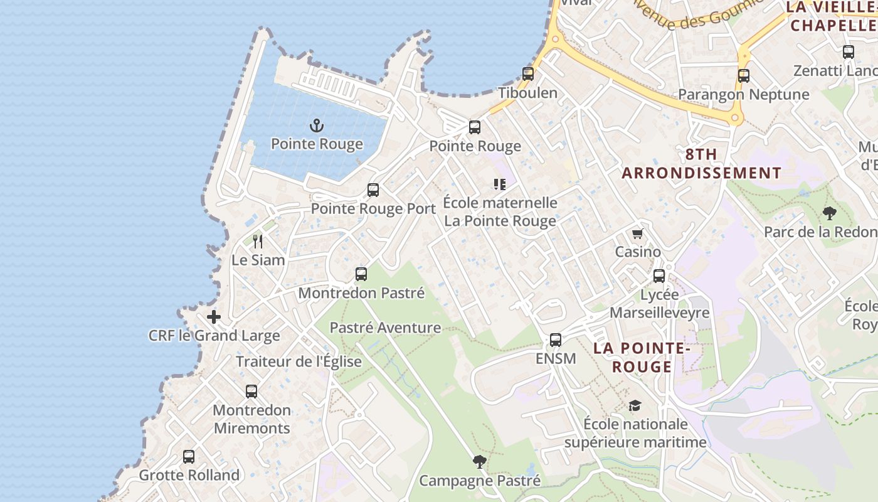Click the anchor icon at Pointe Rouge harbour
(317, 125)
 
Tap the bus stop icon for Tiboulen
(528, 74)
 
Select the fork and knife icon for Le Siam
(257, 241)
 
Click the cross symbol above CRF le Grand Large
(214, 317)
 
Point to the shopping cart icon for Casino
(638, 234)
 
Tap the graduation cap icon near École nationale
(635, 406)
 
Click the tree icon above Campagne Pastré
(480, 462)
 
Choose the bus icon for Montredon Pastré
(361, 274)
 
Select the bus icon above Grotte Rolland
(189, 457)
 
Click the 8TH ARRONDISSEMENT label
(701, 164)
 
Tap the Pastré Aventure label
(385, 328)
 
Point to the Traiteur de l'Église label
(299, 361)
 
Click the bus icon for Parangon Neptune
(744, 76)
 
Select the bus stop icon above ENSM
(556, 340)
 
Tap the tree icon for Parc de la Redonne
(830, 213)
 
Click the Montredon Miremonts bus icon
(251, 392)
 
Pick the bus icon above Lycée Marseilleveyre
(659, 276)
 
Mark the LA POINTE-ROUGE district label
(642, 357)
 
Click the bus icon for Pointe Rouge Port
(373, 190)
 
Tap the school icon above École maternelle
(500, 184)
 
